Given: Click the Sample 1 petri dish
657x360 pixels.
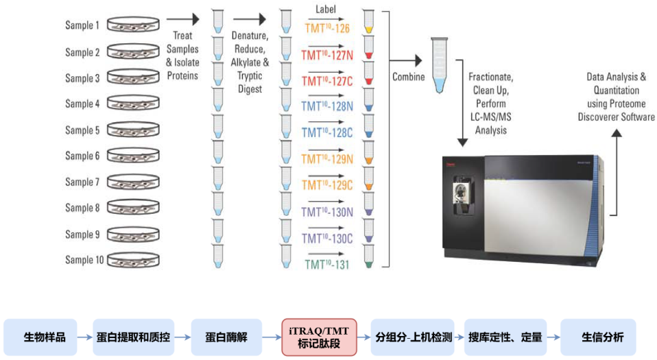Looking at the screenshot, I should pos(133,26).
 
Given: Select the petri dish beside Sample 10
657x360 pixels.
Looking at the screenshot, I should pos(133,261).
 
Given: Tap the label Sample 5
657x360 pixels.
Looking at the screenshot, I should pos(82,130).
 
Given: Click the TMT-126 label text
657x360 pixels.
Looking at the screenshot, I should pos(327,28).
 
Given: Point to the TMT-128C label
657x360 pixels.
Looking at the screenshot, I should pos(327,132).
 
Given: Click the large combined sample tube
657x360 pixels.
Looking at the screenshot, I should pos(438,66).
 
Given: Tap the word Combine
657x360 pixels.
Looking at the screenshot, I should pos(408,77).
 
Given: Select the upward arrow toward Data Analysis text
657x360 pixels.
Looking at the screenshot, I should pos(616,171).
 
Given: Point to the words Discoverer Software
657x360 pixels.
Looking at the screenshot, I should pos(616,117).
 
